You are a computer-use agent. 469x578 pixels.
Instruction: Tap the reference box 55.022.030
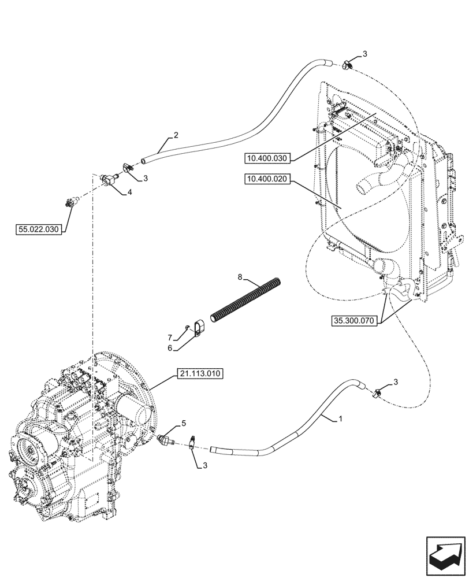[38, 230]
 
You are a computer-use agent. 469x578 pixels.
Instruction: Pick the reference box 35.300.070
[353, 320]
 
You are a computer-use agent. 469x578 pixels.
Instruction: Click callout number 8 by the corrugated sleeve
[240, 278]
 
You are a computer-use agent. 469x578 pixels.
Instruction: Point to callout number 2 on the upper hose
[176, 136]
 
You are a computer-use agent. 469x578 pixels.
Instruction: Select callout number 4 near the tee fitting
[129, 192]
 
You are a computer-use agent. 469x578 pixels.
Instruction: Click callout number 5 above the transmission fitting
[183, 424]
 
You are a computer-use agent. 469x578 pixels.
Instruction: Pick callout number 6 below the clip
[170, 348]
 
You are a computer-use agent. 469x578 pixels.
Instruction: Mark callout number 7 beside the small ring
[170, 337]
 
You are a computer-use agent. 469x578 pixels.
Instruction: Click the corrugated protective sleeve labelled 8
[247, 301]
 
